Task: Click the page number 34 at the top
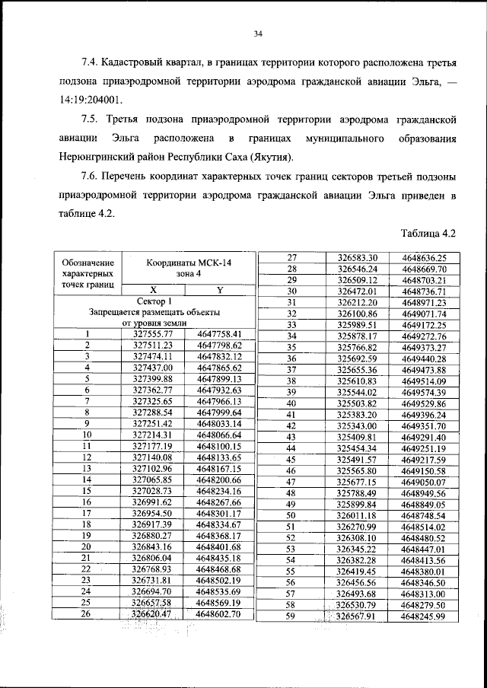[x=258, y=33]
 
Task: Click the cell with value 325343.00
[x=357, y=425]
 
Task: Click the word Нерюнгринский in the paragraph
[x=94, y=158]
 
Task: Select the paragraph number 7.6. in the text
[x=94, y=177]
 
